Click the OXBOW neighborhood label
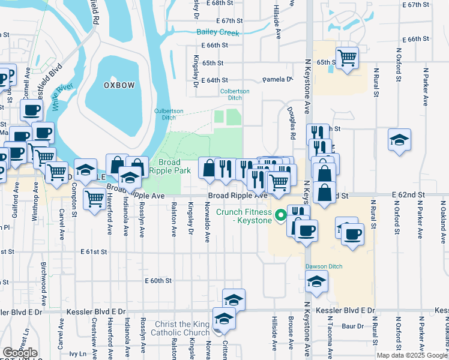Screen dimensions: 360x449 pos(119,85)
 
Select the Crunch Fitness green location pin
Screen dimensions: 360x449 pos(280,215)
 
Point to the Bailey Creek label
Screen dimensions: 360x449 pos(218,33)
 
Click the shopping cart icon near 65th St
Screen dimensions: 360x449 pos(347,58)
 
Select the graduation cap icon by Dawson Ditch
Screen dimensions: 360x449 pos(316,281)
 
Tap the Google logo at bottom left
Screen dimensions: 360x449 pos(20,352)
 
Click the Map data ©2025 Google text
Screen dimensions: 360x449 pos(412,355)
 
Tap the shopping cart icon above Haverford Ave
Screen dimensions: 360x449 pos(94,198)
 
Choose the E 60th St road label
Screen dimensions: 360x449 pos(158,280)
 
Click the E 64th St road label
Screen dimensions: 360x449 pos(214,80)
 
